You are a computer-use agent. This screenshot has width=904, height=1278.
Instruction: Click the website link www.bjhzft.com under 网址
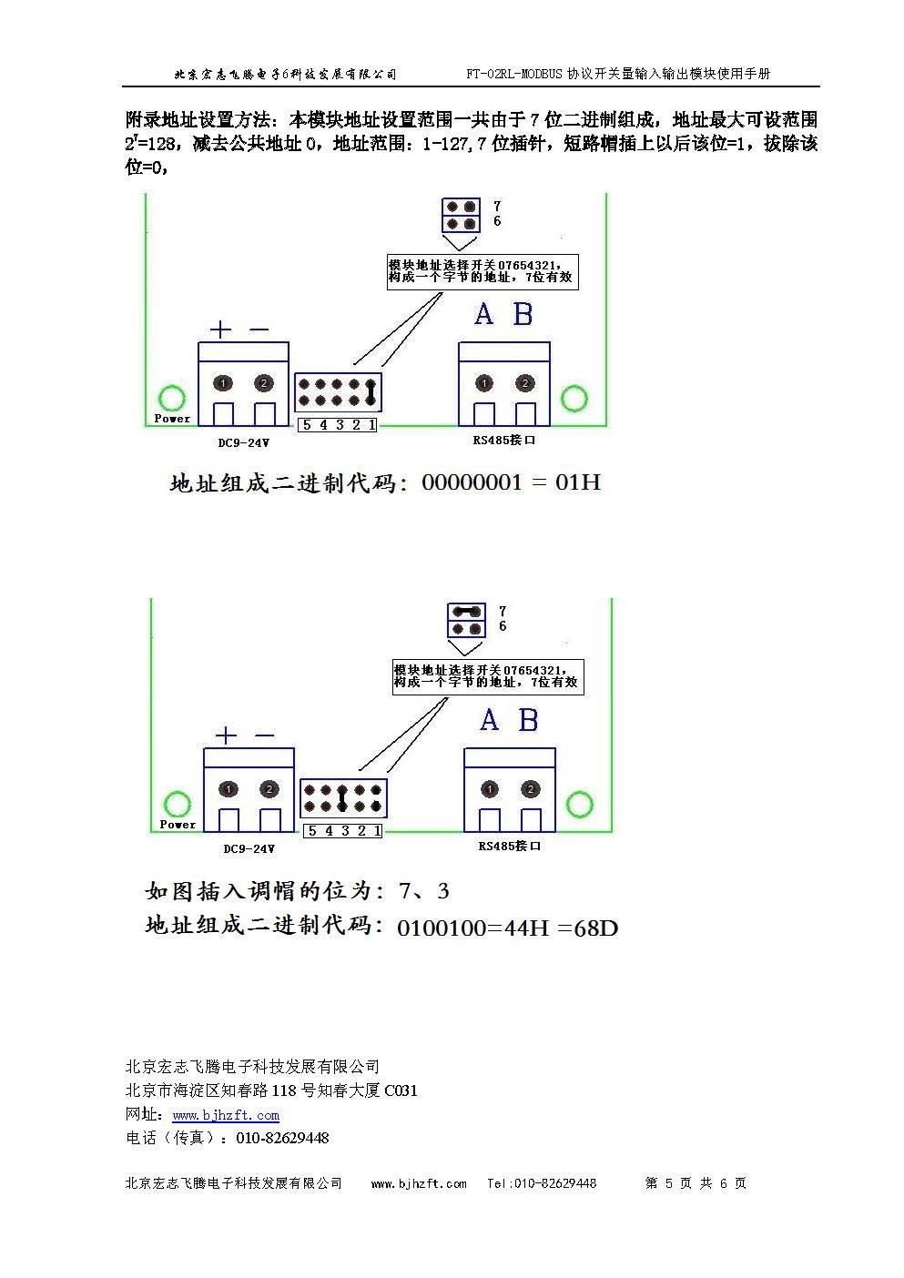pyautogui.click(x=226, y=1115)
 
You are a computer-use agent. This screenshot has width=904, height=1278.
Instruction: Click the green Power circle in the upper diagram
pyautogui.click(x=171, y=398)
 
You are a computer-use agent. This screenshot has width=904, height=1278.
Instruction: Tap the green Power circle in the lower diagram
pyautogui.click(x=176, y=804)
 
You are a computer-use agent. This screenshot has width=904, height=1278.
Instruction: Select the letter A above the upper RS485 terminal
pyautogui.click(x=483, y=315)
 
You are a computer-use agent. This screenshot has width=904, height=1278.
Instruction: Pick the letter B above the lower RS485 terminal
pyautogui.click(x=528, y=721)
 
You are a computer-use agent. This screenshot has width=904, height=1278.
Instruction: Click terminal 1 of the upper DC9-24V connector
pyautogui.click(x=224, y=383)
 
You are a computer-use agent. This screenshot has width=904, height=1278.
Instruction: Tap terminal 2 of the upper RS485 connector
pyautogui.click(x=524, y=383)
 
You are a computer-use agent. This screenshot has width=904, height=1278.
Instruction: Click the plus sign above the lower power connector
pyautogui.click(x=226, y=735)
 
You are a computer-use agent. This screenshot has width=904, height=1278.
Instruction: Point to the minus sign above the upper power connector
pyautogui.click(x=259, y=330)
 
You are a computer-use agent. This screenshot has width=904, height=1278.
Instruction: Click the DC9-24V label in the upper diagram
pyautogui.click(x=243, y=442)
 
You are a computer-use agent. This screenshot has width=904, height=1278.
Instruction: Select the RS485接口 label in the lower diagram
pyautogui.click(x=510, y=847)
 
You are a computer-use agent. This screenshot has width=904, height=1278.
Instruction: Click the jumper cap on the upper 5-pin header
pyautogui.click(x=371, y=391)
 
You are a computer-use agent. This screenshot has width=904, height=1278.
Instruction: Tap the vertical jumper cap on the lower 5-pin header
pyautogui.click(x=341, y=798)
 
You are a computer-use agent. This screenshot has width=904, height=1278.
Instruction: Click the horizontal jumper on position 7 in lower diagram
pyautogui.click(x=467, y=612)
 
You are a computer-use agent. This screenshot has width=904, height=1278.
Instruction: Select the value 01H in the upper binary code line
pyautogui.click(x=578, y=482)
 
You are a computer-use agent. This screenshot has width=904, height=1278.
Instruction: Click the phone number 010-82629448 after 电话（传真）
pyautogui.click(x=282, y=1138)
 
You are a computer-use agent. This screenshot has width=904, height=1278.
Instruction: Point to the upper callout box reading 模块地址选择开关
pyautogui.click(x=482, y=270)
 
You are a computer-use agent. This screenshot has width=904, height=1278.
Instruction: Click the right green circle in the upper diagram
pyautogui.click(x=574, y=398)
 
